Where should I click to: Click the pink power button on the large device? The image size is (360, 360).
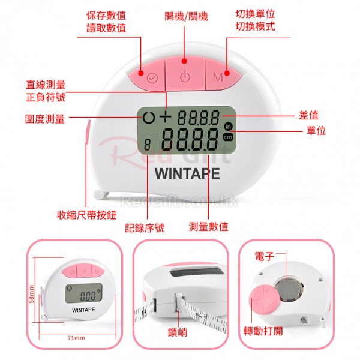coord(185,74)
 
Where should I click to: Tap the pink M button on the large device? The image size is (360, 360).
coord(221,76)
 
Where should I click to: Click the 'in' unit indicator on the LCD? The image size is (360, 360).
coord(228,127)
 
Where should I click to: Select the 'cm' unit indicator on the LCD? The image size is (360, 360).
coord(228,137)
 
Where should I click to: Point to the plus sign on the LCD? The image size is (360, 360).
coord(166,116)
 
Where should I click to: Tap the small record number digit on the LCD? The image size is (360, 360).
coord(147,145)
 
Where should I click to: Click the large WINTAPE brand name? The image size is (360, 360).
coord(187,173)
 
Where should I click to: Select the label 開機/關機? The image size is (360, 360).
coord(186,16)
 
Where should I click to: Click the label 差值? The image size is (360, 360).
coord(308,115)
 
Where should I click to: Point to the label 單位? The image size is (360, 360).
coord(316,131)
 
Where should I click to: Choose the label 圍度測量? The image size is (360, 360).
coord(45,119)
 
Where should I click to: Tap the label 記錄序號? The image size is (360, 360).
coord(145,228)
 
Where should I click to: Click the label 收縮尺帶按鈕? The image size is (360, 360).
coord(86,215)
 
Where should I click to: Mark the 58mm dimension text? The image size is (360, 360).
coord(32,294)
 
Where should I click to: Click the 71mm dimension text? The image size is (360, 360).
coord(76,338)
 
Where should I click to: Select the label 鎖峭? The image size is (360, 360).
coord(177,332)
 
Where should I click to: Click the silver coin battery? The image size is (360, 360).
coord(289,289)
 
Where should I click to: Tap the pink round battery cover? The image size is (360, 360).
coord(264,301)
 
